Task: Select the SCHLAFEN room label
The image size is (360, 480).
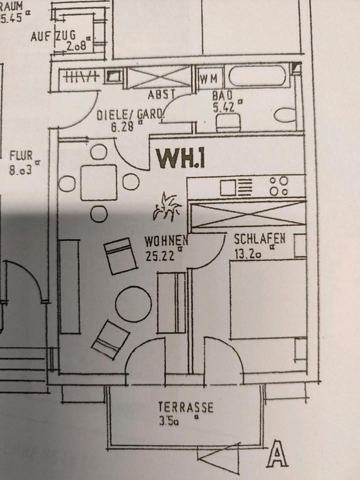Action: tap(259, 239)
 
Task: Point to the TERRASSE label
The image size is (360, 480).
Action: tap(185, 407)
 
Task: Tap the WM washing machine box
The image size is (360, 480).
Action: tap(208, 79)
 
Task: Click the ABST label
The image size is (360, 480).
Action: tap(160, 94)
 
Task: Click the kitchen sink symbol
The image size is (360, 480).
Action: tap(228, 187)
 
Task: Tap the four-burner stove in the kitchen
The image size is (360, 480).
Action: tap(278, 186)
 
